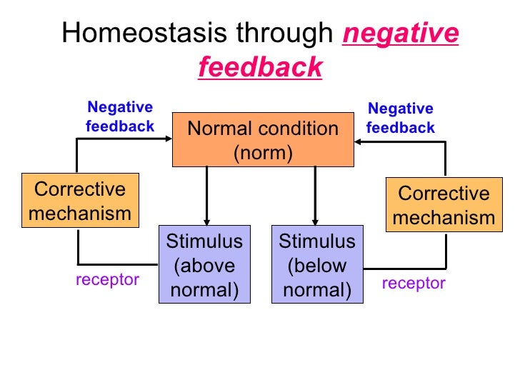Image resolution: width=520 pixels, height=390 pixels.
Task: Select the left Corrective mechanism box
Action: pyautogui.click(x=79, y=201)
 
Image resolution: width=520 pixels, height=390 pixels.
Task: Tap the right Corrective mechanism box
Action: pyautogui.click(x=444, y=205)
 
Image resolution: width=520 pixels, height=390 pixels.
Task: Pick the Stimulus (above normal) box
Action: pyautogui.click(x=204, y=265)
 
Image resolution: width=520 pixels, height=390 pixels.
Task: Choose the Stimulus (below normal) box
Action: pyautogui.click(x=316, y=265)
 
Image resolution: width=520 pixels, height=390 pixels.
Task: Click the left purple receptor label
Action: pyautogui.click(x=107, y=279)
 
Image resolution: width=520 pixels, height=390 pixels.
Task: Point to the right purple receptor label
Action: pyautogui.click(x=413, y=284)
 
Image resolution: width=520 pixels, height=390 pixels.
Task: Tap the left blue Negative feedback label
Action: pyautogui.click(x=120, y=117)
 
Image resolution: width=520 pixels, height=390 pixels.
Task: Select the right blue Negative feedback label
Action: pyautogui.click(x=400, y=119)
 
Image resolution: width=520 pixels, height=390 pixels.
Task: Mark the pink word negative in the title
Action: pyautogui.click(x=401, y=34)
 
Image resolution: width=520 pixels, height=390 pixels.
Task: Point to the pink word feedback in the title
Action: pyautogui.click(x=260, y=67)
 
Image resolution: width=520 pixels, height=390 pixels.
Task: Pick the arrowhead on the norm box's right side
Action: pyautogui.click(x=359, y=142)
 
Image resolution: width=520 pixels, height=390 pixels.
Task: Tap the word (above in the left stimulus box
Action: pyautogui.click(x=204, y=265)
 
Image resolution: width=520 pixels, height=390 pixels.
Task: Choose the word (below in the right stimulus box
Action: pyautogui.click(x=316, y=265)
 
